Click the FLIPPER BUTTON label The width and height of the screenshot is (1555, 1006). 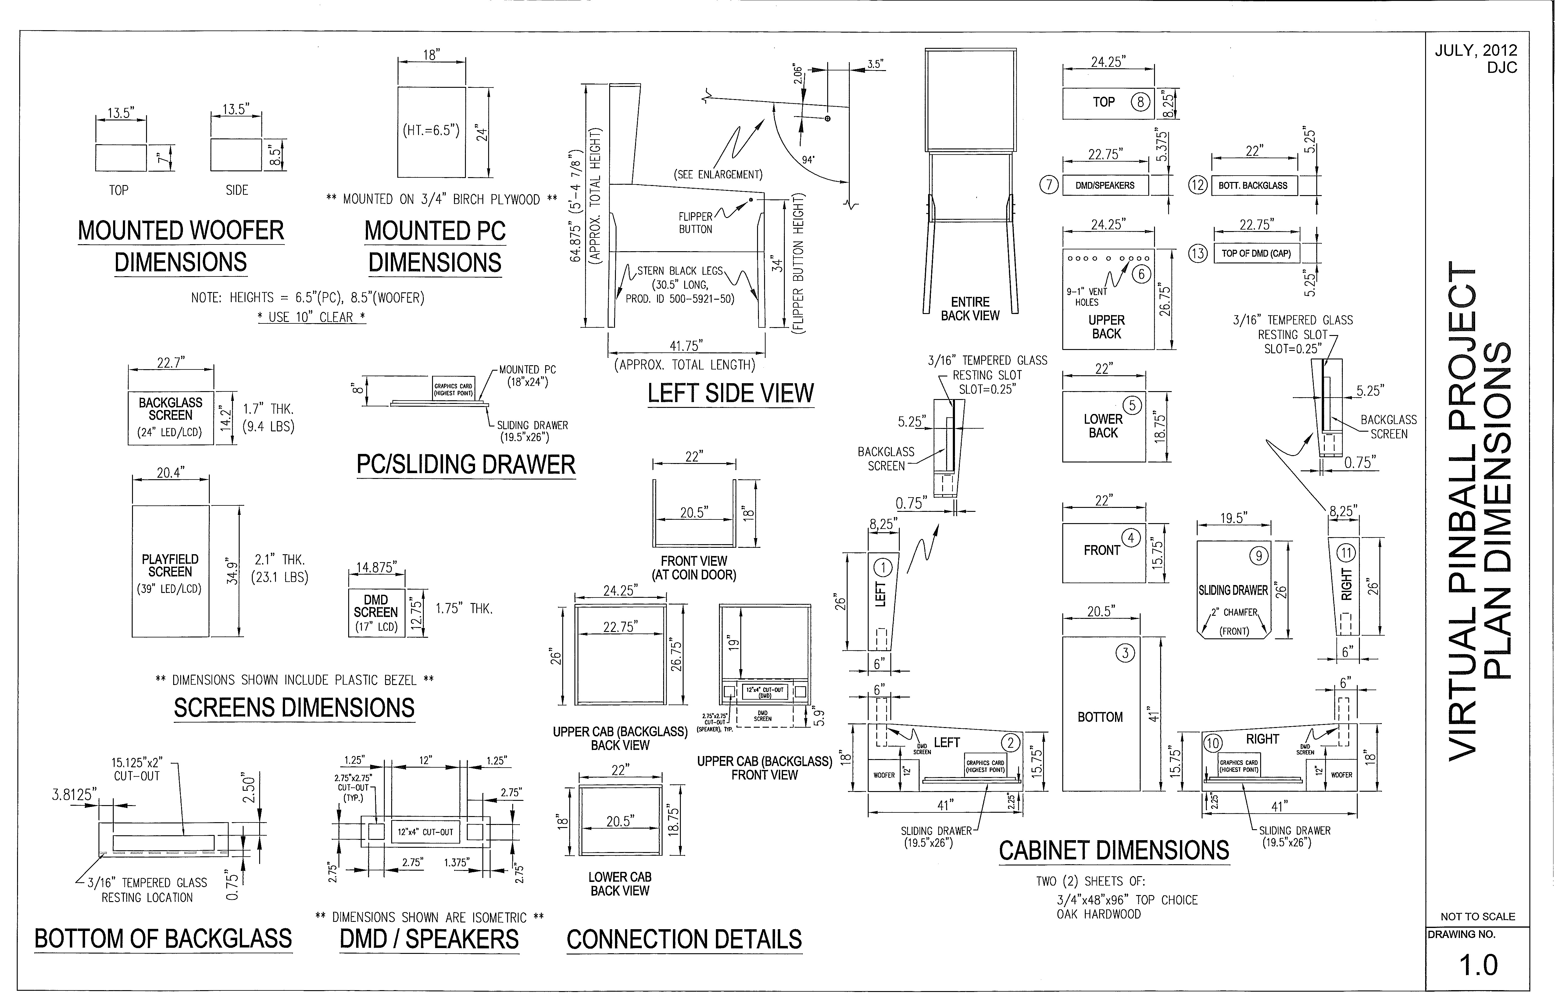[695, 223]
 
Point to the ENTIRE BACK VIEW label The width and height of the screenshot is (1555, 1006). [970, 308]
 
